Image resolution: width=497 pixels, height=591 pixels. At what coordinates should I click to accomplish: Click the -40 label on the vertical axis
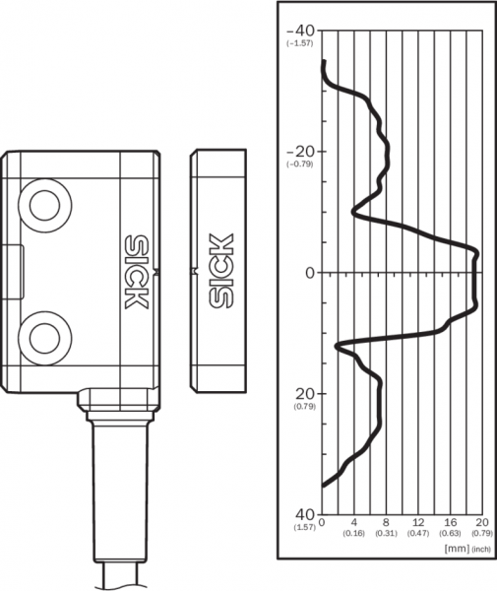click(x=301, y=30)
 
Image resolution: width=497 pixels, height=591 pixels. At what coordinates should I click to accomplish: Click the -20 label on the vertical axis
click(x=301, y=151)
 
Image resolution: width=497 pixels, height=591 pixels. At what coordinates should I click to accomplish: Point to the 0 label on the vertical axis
click(x=310, y=273)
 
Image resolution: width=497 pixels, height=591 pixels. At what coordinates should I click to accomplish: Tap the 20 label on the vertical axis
click(x=305, y=394)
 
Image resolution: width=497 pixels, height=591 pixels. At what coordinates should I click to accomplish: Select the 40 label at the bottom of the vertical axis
click(x=305, y=513)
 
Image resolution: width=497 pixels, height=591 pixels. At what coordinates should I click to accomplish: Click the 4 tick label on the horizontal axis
click(x=354, y=522)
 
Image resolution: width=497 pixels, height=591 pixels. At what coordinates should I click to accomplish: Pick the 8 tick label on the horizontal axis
click(x=386, y=522)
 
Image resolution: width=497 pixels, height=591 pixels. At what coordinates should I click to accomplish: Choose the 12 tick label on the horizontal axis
click(x=418, y=522)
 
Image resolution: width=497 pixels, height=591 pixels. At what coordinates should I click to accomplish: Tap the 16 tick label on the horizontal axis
click(x=451, y=522)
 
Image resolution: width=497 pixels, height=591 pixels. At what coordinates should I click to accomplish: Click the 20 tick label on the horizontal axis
click(x=482, y=522)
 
